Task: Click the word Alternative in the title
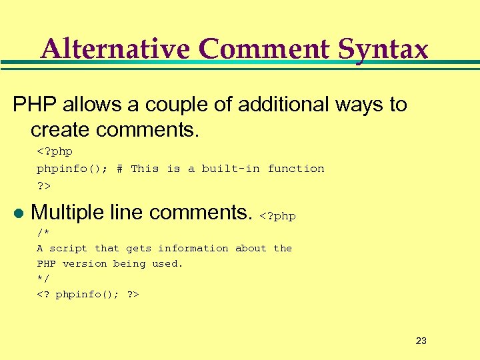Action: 115,49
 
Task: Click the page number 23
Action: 421,341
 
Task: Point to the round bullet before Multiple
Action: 18,213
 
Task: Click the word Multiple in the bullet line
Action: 65,212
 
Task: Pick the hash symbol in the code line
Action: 119,169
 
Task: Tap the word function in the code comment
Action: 296,169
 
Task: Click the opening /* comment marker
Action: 43,232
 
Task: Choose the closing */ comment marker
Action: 43,279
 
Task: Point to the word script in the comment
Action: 69,248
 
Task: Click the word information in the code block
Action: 193,248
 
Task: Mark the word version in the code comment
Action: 85,263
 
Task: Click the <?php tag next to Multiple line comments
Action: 277,215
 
